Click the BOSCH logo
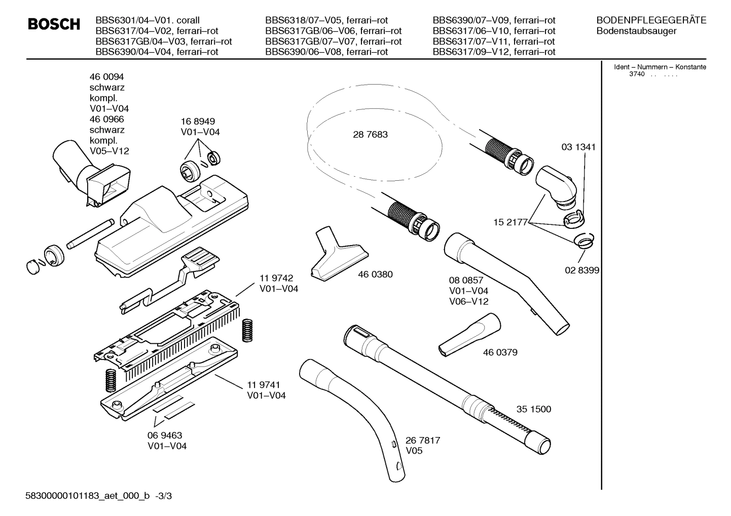(54, 24)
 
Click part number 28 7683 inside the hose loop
(370, 135)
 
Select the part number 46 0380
(375, 274)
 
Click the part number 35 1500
(534, 409)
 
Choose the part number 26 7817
(423, 441)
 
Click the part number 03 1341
(578, 147)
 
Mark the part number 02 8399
(582, 270)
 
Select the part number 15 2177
(510, 222)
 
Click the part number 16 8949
(198, 122)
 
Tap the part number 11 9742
(276, 278)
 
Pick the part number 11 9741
(264, 385)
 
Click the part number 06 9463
(165, 435)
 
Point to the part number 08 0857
(466, 280)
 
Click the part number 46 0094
(106, 77)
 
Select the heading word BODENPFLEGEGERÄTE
(651, 20)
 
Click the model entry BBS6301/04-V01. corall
(148, 20)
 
